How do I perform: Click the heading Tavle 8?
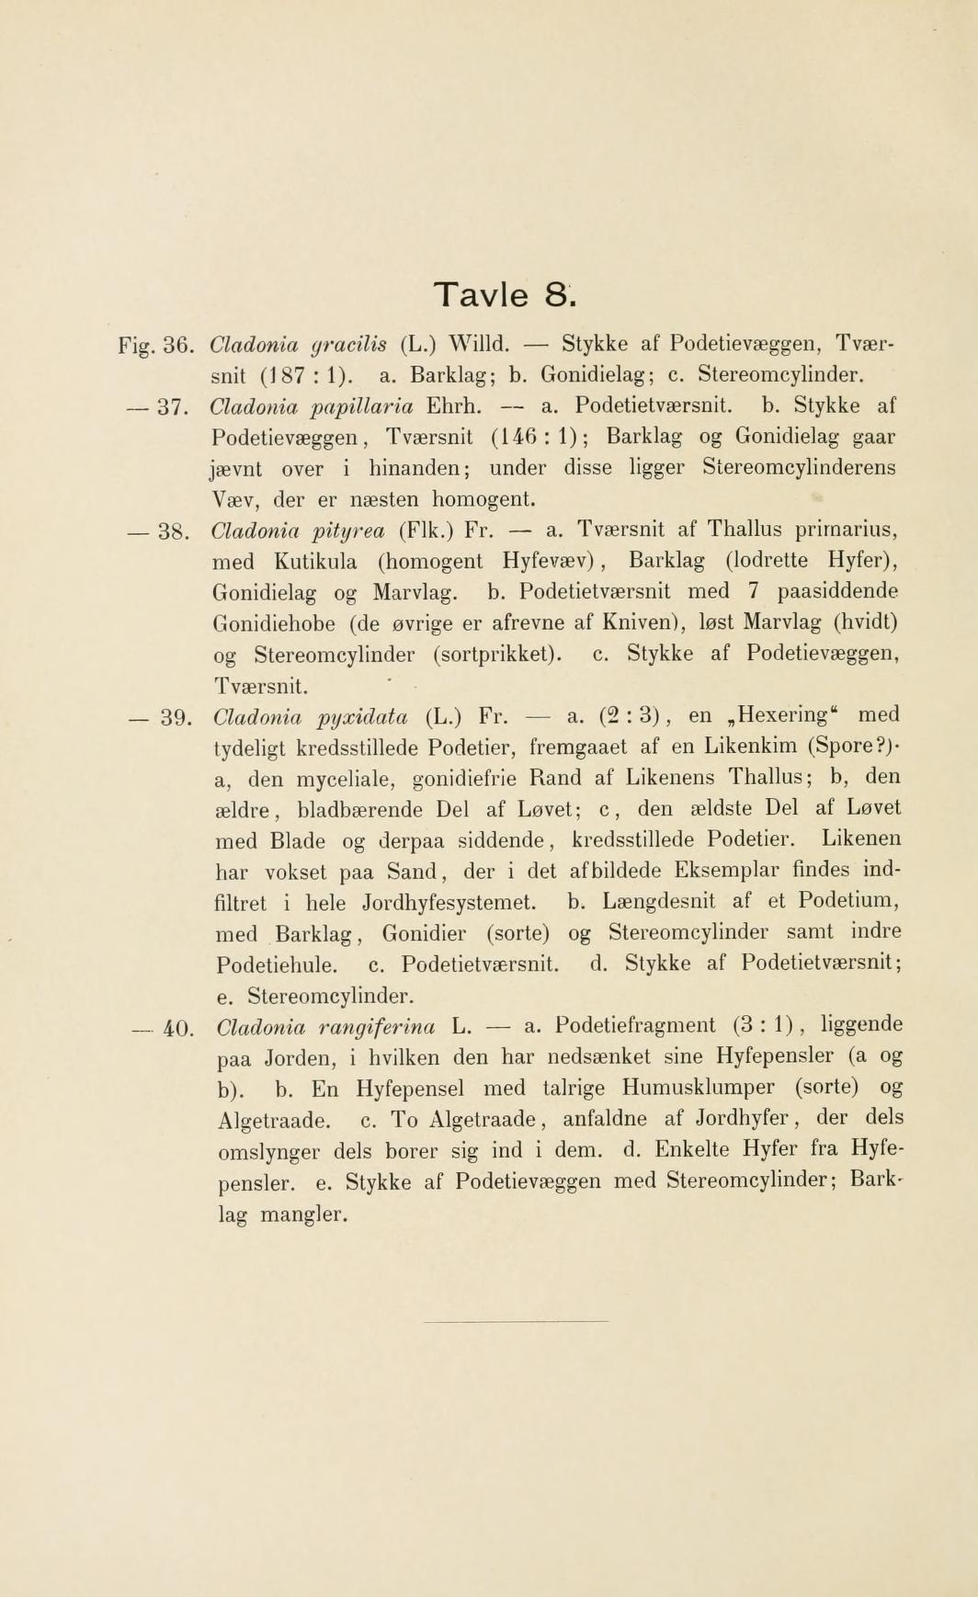click(505, 295)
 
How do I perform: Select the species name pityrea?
click(344, 531)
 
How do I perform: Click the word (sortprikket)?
click(497, 656)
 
